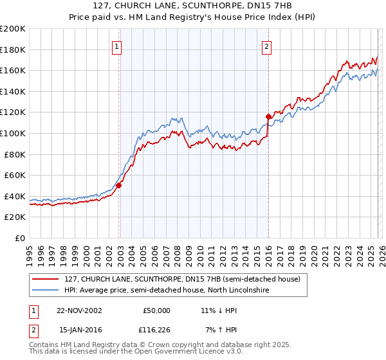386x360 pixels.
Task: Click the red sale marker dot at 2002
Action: click(119, 185)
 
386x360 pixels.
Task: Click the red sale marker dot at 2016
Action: click(268, 116)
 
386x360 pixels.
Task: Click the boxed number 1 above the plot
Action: click(116, 46)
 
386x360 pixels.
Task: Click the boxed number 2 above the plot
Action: click(266, 46)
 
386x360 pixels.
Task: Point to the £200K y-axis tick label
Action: click(13, 29)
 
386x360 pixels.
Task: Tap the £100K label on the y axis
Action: click(13, 133)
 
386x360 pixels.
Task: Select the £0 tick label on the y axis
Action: click(19, 238)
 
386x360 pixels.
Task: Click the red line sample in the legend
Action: click(45, 279)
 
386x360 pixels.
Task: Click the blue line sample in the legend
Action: click(45, 291)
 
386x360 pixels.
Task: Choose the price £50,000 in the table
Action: click(157, 310)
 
